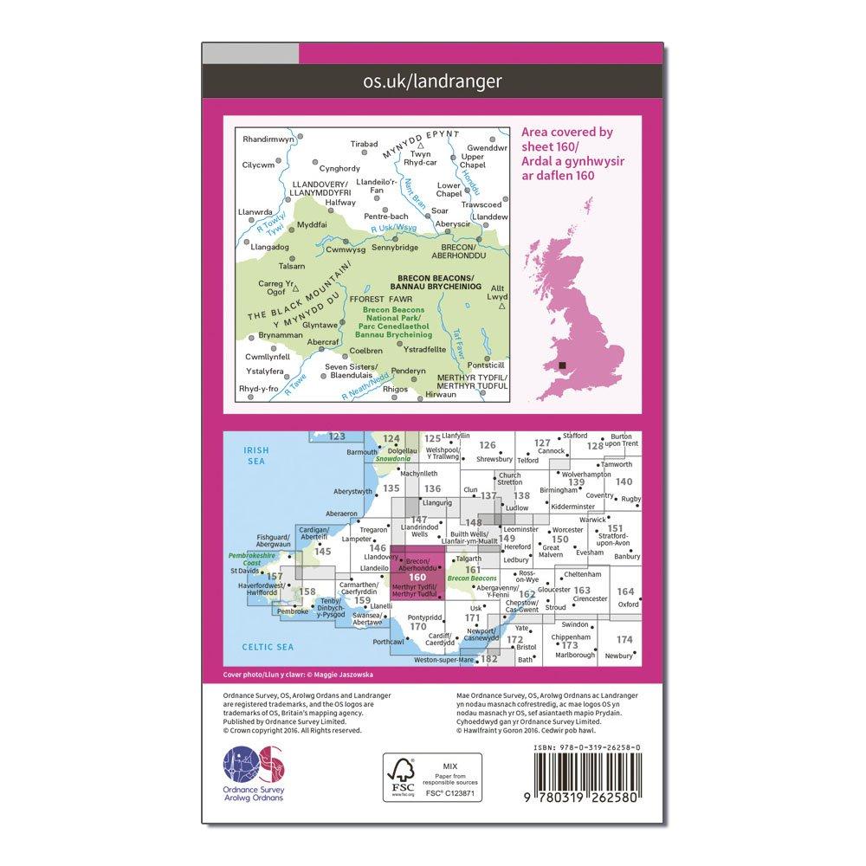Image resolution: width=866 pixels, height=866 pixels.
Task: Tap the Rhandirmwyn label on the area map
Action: pyautogui.click(x=268, y=139)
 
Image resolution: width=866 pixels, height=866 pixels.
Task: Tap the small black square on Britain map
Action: pyautogui.click(x=564, y=365)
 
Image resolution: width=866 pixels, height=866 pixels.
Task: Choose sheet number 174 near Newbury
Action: pyautogui.click(x=624, y=639)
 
